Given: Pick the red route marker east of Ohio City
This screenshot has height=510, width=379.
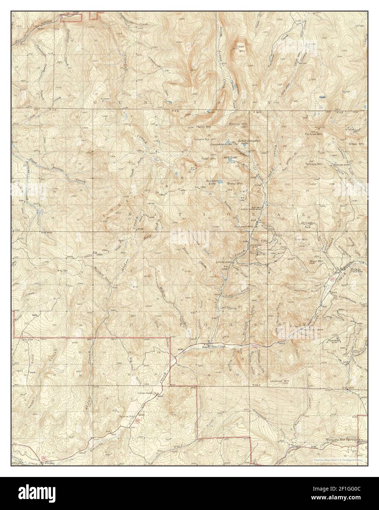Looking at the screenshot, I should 255,346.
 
